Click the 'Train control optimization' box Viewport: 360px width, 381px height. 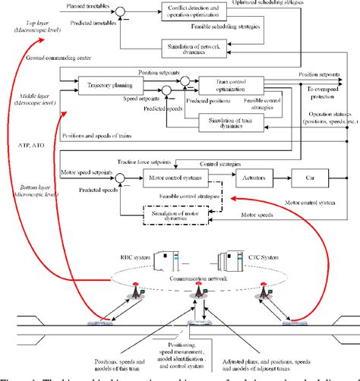(x=231, y=85)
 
